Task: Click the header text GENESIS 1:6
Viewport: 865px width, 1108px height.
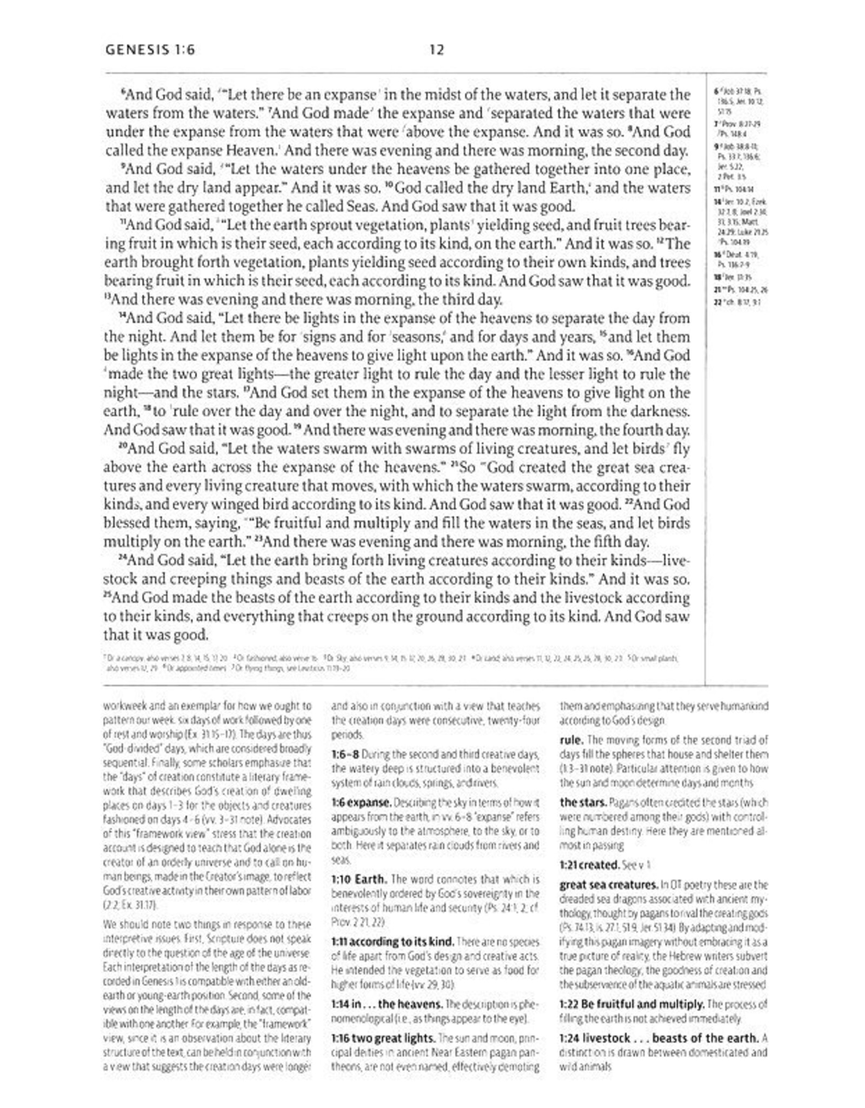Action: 150,50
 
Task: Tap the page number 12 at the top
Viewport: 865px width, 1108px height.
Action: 436,50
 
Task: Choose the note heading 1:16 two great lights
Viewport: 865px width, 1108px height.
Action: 383,1038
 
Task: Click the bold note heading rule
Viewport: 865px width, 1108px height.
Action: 571,740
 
